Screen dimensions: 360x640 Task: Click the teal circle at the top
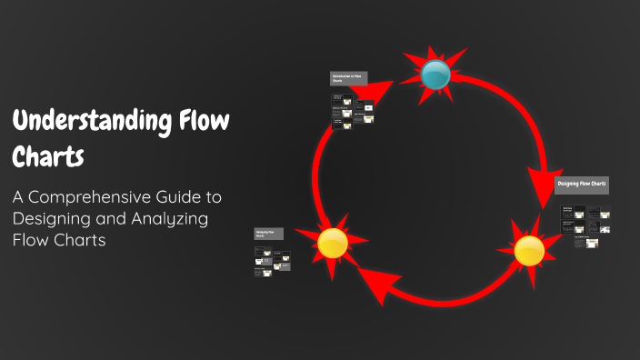[436, 75]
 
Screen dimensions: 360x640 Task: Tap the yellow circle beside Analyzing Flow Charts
[333, 243]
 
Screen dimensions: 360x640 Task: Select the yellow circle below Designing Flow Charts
[529, 250]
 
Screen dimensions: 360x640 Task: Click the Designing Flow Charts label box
[582, 185]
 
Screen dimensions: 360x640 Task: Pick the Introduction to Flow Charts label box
[348, 79]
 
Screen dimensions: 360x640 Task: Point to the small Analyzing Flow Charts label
[269, 234]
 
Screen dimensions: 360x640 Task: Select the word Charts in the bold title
[47, 155]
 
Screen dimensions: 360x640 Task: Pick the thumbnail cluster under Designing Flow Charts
[585, 225]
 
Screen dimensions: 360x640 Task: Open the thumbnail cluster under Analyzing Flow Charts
[273, 261]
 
